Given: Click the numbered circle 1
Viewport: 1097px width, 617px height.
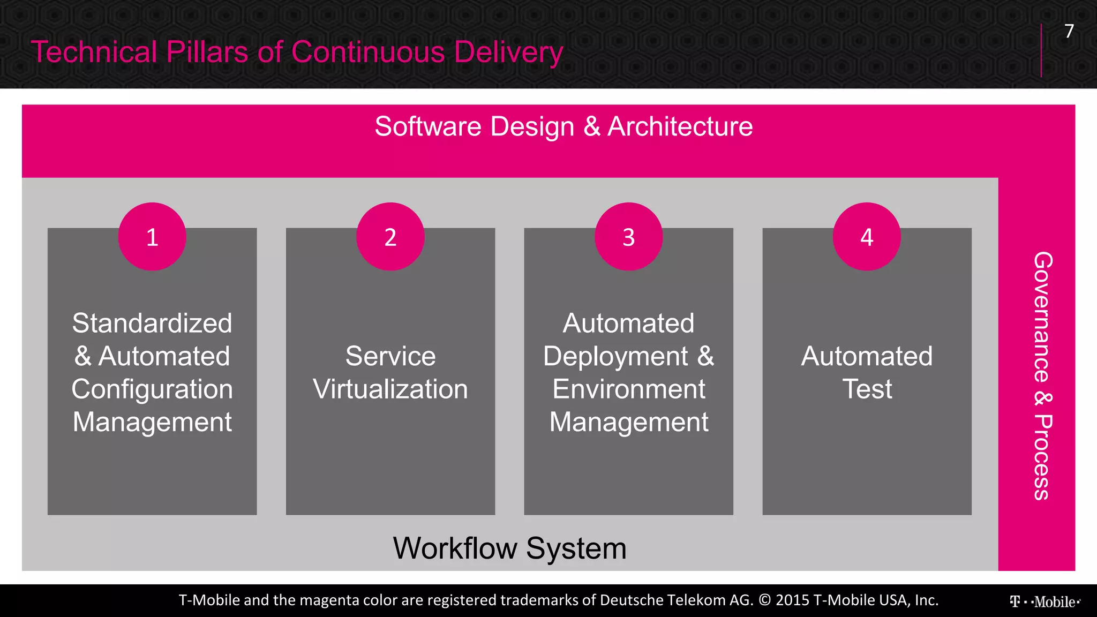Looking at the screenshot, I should point(152,237).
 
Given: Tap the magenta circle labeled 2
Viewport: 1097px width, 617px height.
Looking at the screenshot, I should point(390,237).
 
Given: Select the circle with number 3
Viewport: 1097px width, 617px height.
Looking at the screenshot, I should point(628,237).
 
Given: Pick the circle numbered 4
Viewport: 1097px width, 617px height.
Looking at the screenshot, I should point(867,237).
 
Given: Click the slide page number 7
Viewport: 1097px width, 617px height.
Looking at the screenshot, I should point(1069,31).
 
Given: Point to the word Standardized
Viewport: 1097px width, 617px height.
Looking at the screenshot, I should point(152,323).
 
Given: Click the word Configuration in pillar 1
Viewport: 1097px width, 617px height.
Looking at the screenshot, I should point(152,389).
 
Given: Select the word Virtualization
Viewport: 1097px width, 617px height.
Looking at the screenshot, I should point(390,389).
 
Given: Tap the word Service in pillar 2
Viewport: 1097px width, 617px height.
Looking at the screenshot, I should point(390,356).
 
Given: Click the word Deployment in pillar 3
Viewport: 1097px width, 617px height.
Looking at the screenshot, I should point(615,357).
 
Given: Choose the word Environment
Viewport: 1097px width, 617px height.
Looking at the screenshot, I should point(628,389).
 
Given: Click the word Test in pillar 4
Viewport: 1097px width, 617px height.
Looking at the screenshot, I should point(867,389).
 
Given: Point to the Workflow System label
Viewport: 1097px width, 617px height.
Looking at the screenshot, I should point(509,548).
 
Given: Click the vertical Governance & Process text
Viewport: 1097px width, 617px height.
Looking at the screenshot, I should point(1042,375).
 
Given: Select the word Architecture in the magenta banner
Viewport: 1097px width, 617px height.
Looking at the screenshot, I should point(680,127).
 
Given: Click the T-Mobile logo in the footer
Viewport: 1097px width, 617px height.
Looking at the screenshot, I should point(1045,601).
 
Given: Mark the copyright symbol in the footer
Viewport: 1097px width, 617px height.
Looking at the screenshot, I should point(765,600).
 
